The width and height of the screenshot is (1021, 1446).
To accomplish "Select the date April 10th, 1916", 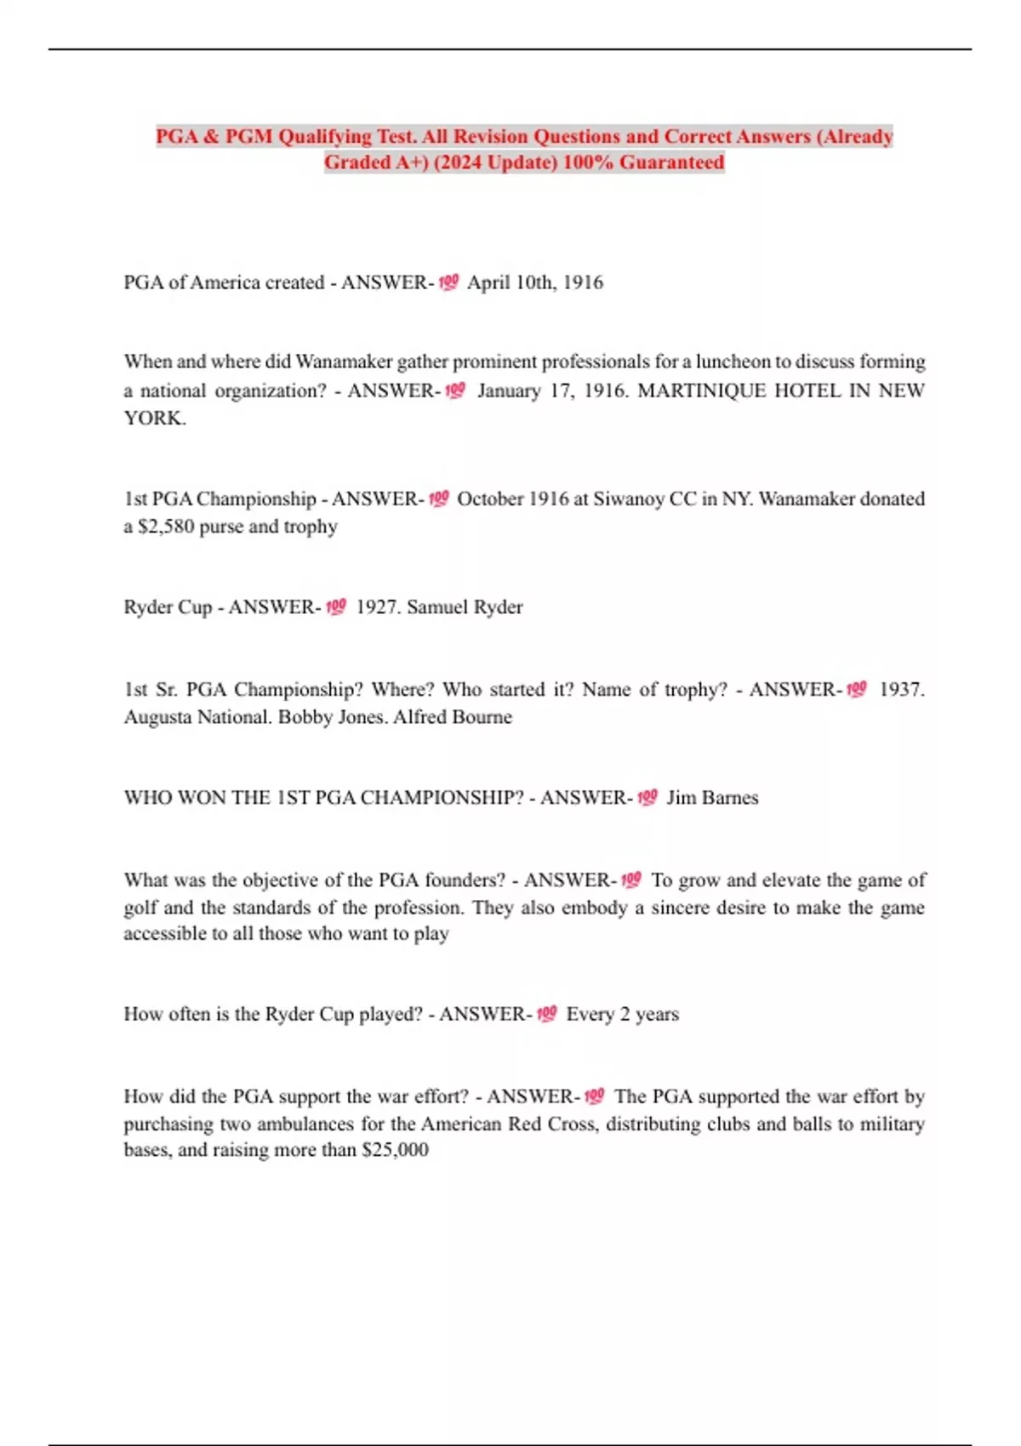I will pos(535,282).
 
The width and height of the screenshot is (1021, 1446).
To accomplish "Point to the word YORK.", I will pos(154,418).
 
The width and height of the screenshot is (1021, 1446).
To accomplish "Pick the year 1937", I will pos(901,689).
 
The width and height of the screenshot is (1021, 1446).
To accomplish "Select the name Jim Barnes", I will pos(712,798).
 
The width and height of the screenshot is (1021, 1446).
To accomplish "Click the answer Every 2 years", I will pos(623,1014).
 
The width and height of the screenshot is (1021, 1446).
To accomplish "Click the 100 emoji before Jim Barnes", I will pos(647,798).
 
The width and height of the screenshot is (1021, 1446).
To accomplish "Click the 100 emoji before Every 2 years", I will pos(546,1014).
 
